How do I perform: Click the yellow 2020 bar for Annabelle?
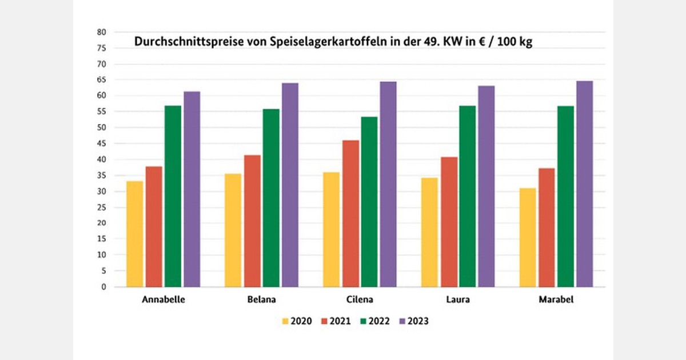(x=135, y=234)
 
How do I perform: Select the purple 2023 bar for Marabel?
(x=584, y=184)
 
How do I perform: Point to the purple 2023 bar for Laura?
(x=486, y=186)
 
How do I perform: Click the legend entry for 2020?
(x=297, y=321)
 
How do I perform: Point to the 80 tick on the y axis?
(x=102, y=32)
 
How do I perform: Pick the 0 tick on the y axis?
(x=104, y=287)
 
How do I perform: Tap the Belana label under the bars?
(x=261, y=299)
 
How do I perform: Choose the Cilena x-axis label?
(x=360, y=299)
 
